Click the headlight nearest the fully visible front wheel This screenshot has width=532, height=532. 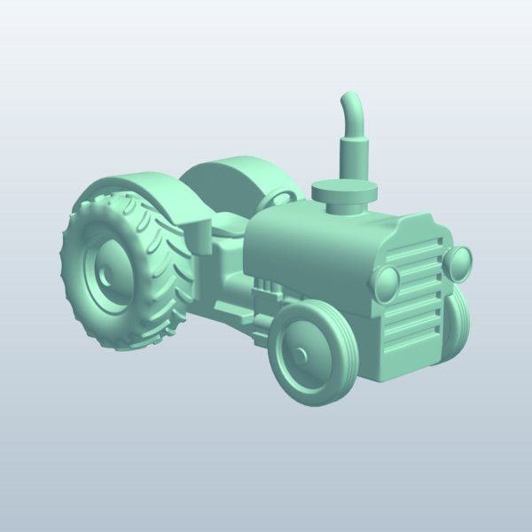(387, 283)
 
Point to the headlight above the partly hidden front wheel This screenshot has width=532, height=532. (459, 262)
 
